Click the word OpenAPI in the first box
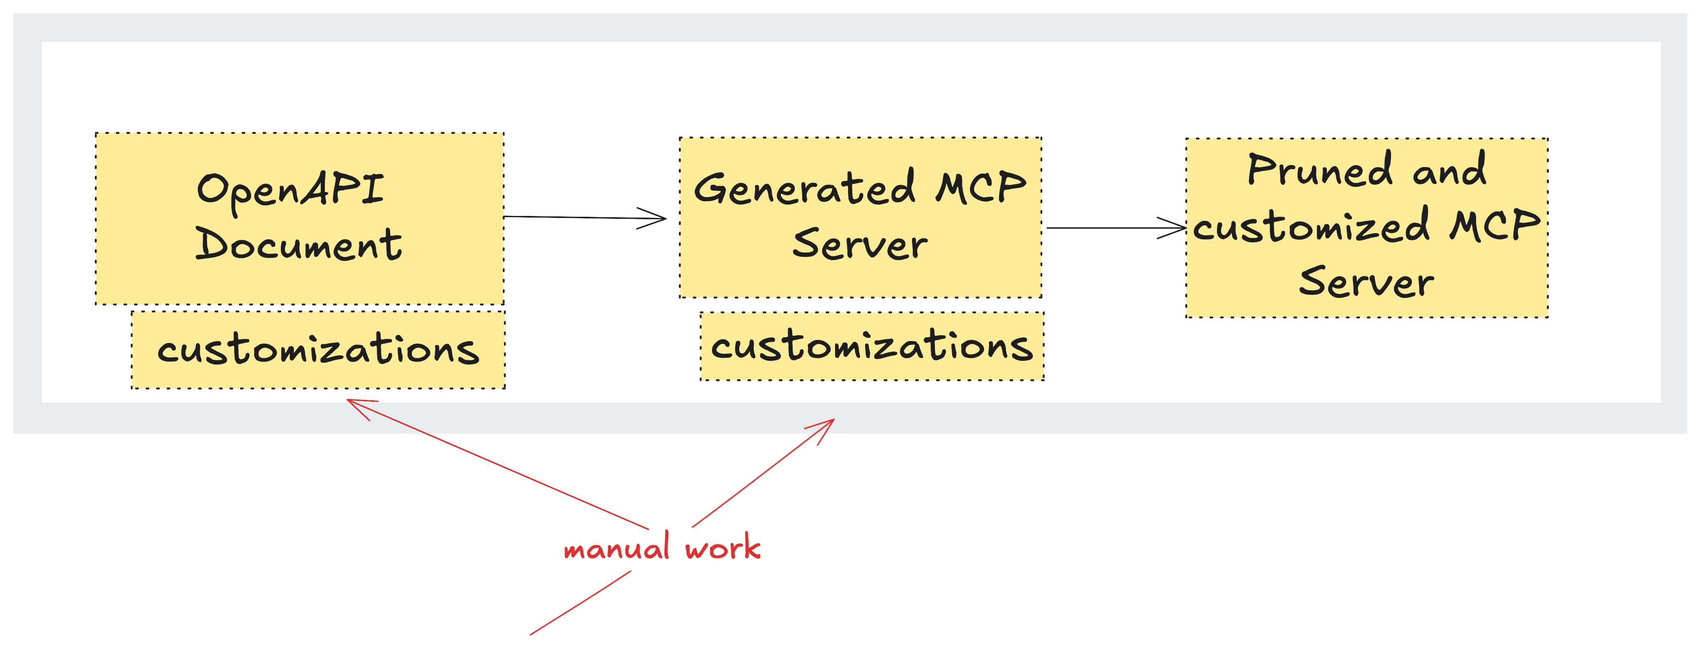pos(290,190)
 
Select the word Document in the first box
pos(298,244)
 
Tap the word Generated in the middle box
pos(805,188)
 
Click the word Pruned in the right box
pos(1320,170)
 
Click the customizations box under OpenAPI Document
pos(318,350)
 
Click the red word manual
pos(617,548)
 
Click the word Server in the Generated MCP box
pos(860,244)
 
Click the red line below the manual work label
pos(581,603)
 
